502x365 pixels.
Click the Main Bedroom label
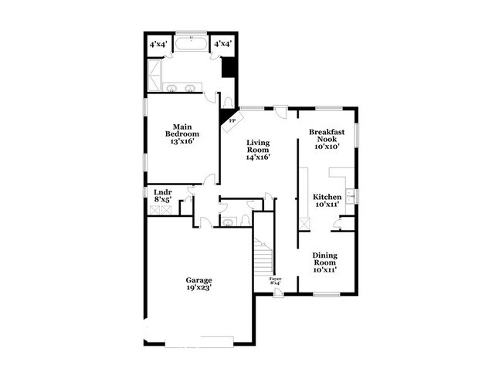coord(181,134)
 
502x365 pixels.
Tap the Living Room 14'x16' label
coord(257,150)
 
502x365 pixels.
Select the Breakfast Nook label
coord(326,139)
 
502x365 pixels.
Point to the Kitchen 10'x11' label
coord(327,202)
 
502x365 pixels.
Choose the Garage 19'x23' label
coord(198,283)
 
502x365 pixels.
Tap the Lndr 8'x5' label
coord(162,195)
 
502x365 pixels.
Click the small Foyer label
coord(275,281)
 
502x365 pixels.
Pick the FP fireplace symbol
coord(231,121)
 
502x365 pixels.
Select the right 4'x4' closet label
coord(222,44)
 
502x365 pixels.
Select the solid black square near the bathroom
coord(227,68)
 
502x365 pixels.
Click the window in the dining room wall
coord(325,295)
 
